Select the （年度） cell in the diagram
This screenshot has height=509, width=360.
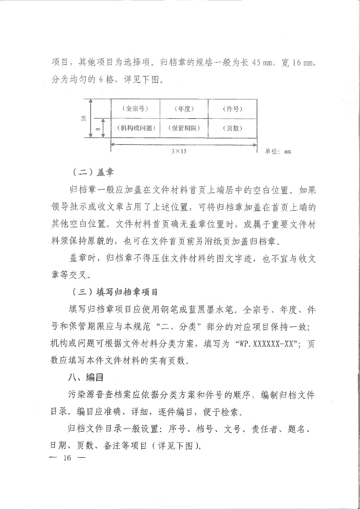184,108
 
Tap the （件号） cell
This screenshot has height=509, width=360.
233,108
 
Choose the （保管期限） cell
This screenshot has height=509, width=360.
184,128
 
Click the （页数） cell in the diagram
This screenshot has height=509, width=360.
233,128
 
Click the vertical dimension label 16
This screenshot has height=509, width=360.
84,118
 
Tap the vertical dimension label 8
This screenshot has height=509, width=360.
98,129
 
